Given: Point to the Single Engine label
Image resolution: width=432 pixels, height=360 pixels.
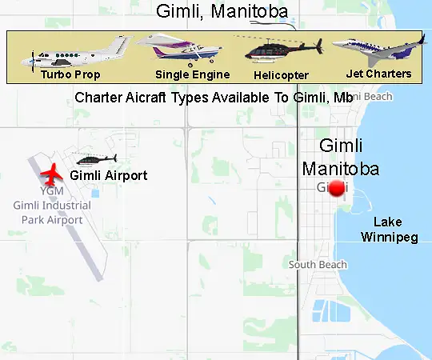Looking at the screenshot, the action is pos(193,74).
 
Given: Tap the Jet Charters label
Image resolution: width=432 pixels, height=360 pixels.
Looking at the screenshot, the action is pos(378,74).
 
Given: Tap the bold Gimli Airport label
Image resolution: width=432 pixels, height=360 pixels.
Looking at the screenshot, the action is pos(109,175).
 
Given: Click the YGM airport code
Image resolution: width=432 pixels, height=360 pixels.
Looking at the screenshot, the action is pos(52,193).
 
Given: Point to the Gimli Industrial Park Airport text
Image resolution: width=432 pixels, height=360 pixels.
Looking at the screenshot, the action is pos(52,212).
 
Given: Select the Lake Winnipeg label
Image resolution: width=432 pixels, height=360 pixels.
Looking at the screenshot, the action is pos(389,230).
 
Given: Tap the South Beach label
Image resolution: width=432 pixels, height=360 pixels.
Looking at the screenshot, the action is pos(318,265).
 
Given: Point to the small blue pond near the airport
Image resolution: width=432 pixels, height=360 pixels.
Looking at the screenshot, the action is pos(95,193).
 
